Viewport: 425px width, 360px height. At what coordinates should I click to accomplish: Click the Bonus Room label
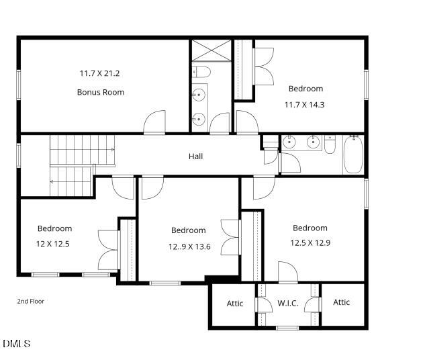tap(101, 92)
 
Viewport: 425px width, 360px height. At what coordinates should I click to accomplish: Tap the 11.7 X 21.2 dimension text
tap(101, 73)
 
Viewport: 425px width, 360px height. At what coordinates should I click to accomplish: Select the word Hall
tap(195, 156)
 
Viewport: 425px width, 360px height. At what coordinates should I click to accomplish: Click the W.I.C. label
tap(287, 304)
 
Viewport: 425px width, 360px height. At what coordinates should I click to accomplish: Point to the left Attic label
tap(235, 304)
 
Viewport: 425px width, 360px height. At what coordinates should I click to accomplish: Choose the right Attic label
tap(341, 302)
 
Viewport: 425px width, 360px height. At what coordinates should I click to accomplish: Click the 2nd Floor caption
tap(31, 302)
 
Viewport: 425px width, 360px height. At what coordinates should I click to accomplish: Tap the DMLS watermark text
tap(16, 344)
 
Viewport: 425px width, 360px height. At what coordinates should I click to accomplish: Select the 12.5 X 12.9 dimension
tap(310, 243)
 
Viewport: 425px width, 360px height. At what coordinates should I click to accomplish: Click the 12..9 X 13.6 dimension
tap(189, 246)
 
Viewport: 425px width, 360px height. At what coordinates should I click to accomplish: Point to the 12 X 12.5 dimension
tap(53, 244)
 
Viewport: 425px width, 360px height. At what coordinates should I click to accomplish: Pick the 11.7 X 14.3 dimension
tap(305, 105)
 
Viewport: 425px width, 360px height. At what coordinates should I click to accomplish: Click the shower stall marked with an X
tap(210, 51)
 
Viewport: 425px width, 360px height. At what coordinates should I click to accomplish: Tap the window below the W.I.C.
tap(287, 328)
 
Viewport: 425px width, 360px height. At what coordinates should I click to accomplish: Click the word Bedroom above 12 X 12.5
tap(54, 228)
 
